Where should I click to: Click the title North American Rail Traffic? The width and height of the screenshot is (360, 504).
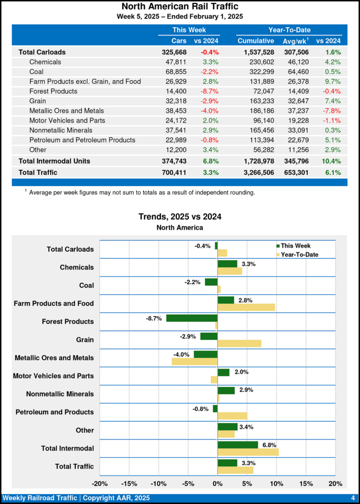click(180, 6)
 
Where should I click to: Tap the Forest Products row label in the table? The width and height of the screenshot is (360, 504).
click(53, 91)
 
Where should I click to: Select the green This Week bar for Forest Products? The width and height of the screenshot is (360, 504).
click(192, 318)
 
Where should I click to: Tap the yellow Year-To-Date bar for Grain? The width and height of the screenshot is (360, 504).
click(239, 343)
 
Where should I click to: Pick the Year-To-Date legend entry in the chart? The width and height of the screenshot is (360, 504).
click(296, 254)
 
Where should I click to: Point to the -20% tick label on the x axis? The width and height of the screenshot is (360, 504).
click(100, 484)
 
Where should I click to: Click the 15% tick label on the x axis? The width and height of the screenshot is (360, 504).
click(306, 484)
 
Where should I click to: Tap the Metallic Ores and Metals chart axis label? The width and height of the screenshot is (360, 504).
click(54, 358)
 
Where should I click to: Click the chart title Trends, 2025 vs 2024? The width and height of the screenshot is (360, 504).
click(180, 217)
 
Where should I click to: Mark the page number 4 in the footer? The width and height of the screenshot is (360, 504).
click(353, 498)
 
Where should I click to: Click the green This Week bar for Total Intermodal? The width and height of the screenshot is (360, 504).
click(237, 445)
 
